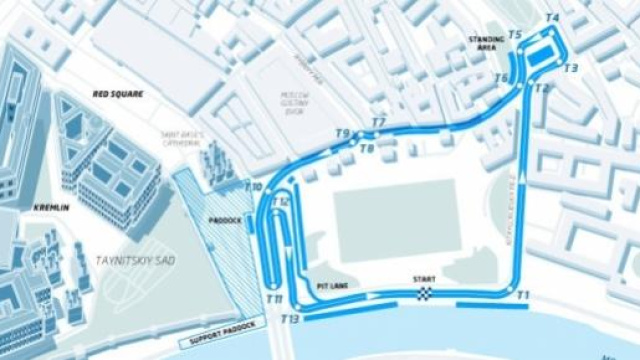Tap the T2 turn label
pyautogui.click(x=542, y=88)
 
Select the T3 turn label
pyautogui.click(x=571, y=68)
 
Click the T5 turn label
pyautogui.click(x=515, y=35)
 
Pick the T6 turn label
pyautogui.click(x=501, y=78)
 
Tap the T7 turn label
pyautogui.click(x=378, y=123)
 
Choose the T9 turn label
pyautogui.click(x=341, y=134)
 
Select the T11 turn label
pyautogui.click(x=274, y=298)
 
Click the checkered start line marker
pyautogui.click(x=425, y=293)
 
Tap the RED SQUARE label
pyautogui.click(x=118, y=94)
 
